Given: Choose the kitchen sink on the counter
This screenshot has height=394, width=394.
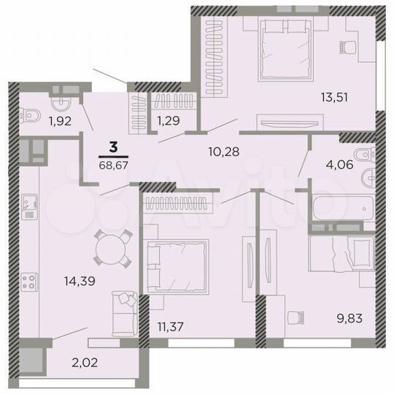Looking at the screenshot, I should tap(30, 205).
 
